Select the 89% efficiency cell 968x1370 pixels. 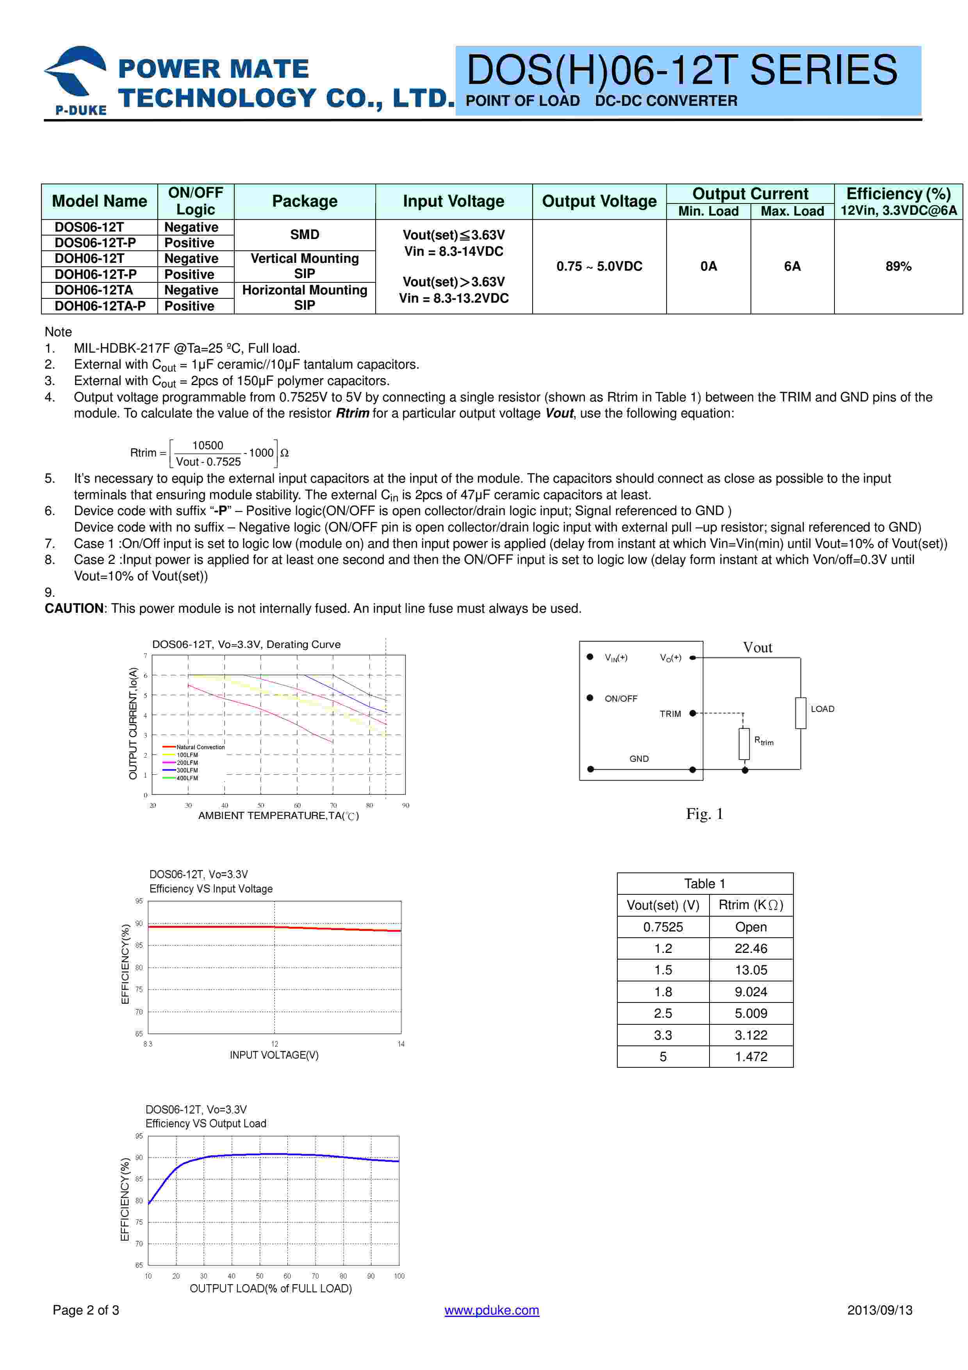898,267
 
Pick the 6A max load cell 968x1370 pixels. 792,267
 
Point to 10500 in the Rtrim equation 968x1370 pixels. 208,446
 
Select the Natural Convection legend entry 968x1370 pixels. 200,747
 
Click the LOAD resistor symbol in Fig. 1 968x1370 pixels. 800,713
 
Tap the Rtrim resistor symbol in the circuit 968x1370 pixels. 744,744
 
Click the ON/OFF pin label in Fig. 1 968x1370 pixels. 621,699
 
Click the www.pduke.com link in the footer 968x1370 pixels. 492,1310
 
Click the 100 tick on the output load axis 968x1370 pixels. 399,1276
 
